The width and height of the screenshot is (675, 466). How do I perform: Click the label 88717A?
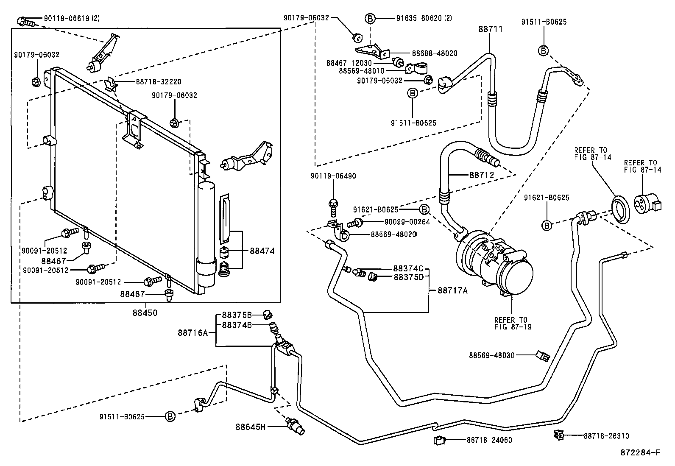tap(452, 290)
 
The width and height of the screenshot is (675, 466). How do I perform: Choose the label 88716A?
tap(192, 333)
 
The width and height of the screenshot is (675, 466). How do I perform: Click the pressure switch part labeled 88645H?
tap(295, 426)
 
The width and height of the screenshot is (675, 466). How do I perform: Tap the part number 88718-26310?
tap(606, 435)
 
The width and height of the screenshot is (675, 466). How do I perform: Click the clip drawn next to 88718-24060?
tap(439, 440)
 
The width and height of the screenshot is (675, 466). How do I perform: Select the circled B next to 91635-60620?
tap(370, 18)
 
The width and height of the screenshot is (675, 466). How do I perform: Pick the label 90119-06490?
tap(333, 176)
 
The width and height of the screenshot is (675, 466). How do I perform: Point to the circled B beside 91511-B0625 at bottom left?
tap(170, 416)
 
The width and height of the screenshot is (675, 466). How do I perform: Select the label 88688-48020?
tap(435, 53)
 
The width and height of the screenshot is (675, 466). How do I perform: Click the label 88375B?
tap(237, 315)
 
